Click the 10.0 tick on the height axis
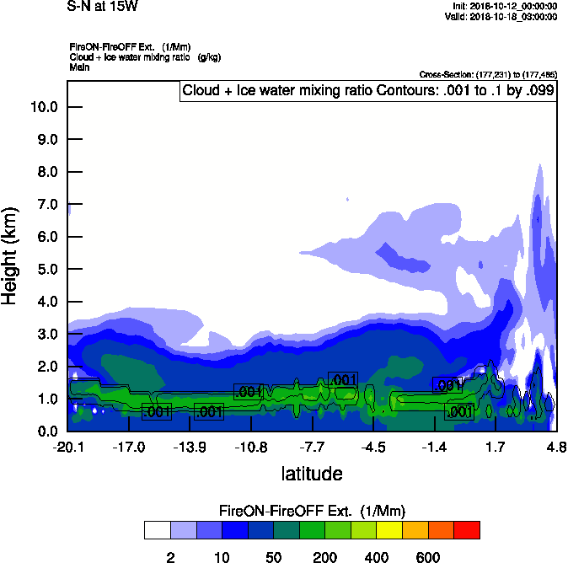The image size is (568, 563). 43,107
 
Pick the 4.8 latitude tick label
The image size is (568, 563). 556,446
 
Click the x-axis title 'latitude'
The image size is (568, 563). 312,474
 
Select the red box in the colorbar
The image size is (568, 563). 468,529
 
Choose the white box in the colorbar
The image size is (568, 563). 157,529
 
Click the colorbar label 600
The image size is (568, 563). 428,557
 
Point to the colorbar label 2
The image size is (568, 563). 170,557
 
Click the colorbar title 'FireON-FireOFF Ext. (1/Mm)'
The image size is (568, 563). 312,511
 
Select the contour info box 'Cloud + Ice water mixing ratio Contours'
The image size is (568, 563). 368,90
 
